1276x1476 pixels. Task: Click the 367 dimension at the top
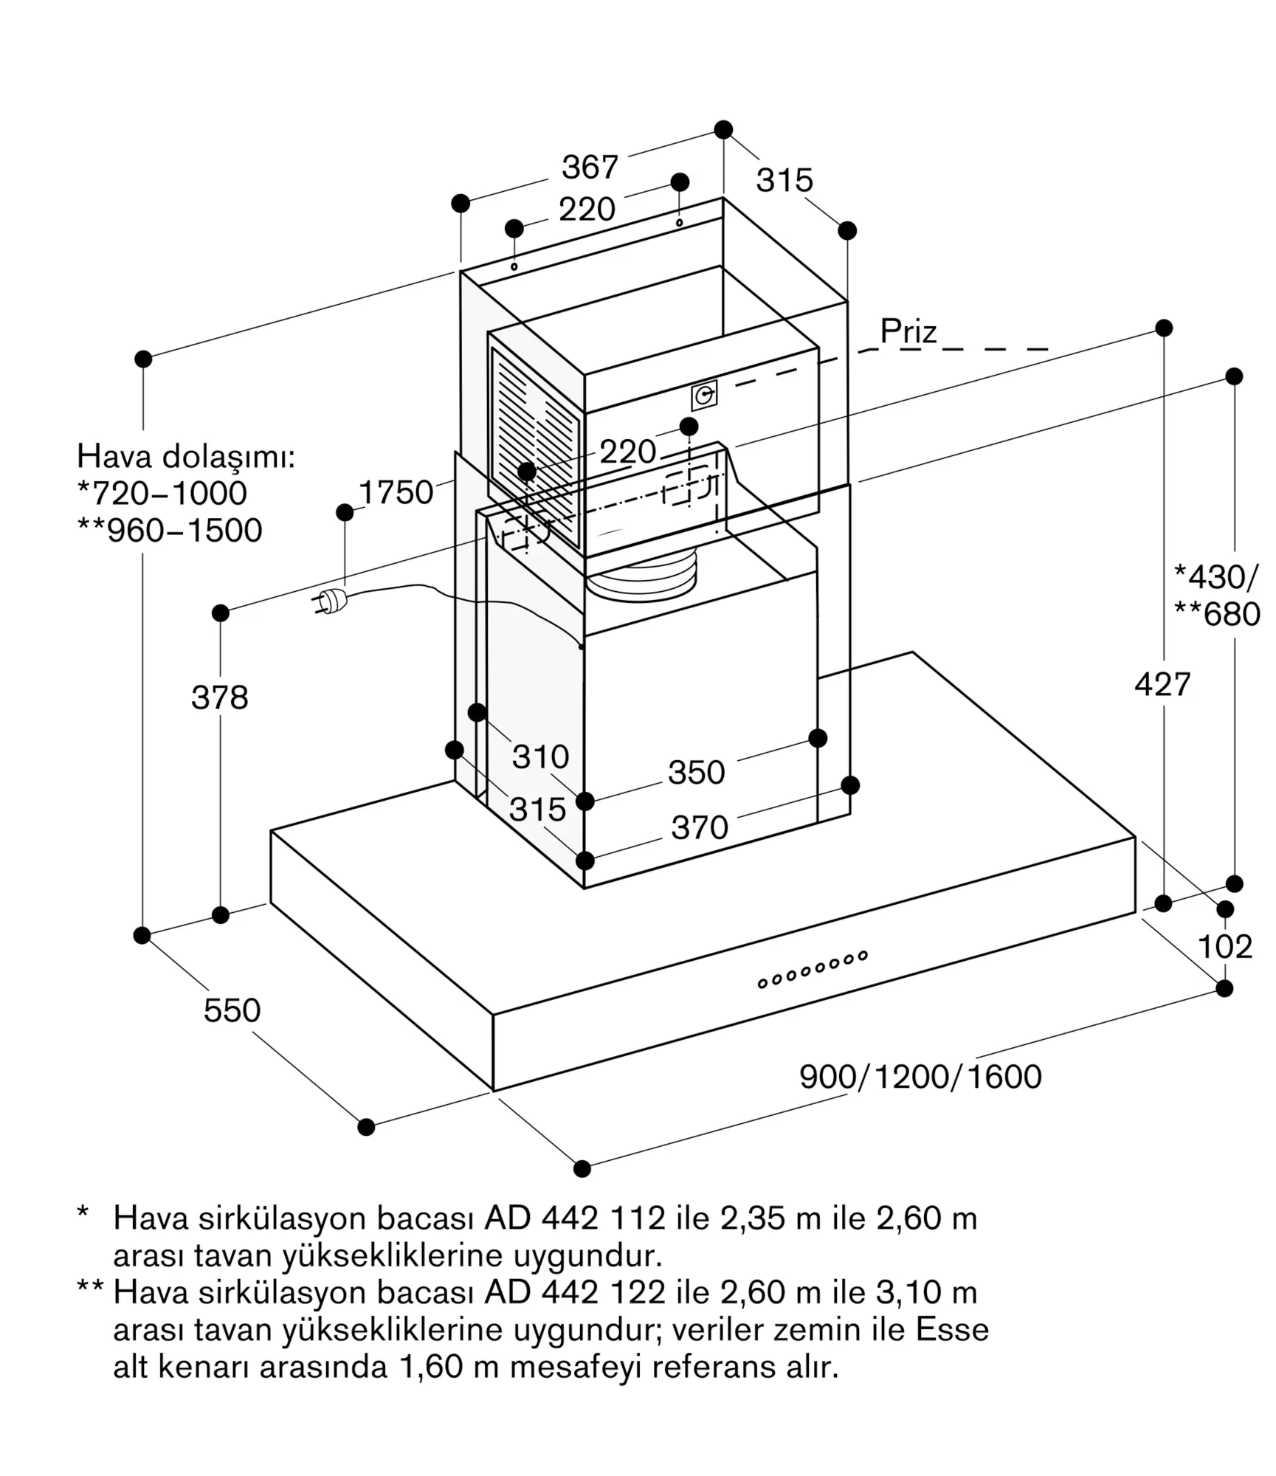click(590, 168)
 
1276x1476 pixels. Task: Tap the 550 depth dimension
click(232, 1010)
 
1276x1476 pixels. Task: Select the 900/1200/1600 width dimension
click(920, 1077)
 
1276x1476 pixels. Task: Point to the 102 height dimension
click(1225, 947)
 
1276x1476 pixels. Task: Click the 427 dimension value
click(1163, 685)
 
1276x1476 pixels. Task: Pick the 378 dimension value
click(220, 697)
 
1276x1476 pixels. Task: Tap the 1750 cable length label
click(396, 493)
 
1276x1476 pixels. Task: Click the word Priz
click(908, 332)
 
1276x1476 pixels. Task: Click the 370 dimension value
click(700, 827)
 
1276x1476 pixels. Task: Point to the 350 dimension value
click(696, 773)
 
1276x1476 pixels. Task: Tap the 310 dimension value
click(541, 757)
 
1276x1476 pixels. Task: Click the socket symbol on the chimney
click(704, 396)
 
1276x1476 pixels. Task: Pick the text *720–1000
click(162, 494)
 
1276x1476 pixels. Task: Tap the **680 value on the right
click(1218, 614)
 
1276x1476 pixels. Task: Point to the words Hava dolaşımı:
click(186, 457)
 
